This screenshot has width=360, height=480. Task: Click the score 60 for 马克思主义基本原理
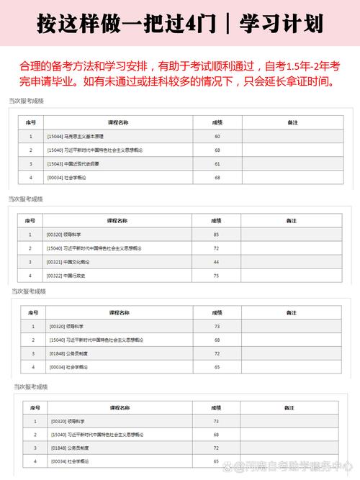pyautogui.click(x=217, y=136)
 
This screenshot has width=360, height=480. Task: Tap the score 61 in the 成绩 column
pyautogui.click(x=217, y=163)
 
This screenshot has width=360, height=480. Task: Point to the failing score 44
pyautogui.click(x=216, y=262)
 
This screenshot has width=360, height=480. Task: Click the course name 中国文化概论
pyautogui.click(x=76, y=262)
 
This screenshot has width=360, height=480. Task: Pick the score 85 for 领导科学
pyautogui.click(x=216, y=235)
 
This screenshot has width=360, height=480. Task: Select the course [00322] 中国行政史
pyautogui.click(x=66, y=276)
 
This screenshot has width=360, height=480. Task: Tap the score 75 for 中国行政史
pyautogui.click(x=216, y=276)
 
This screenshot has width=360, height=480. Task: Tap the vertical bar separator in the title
pyautogui.click(x=228, y=25)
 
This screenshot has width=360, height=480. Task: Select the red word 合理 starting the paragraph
pyautogui.click(x=29, y=66)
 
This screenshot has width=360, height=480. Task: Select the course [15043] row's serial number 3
pyautogui.click(x=30, y=163)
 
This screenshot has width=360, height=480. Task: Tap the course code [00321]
pyautogui.click(x=55, y=262)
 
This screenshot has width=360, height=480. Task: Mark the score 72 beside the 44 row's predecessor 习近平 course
pyautogui.click(x=216, y=248)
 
